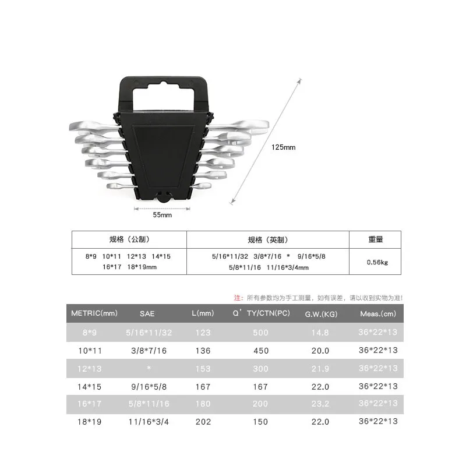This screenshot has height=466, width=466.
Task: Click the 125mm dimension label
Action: (x=283, y=147)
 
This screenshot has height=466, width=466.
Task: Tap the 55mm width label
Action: (x=163, y=215)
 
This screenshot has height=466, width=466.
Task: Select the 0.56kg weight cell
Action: (x=377, y=262)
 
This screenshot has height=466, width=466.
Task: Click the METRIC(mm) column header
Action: (x=94, y=313)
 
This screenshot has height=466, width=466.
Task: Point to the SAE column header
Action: (x=147, y=314)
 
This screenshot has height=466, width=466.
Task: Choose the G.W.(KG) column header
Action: (x=322, y=314)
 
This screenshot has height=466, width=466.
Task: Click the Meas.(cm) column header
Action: (x=378, y=314)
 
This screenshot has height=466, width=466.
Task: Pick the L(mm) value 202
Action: (x=203, y=422)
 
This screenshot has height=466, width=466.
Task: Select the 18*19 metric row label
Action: (x=90, y=422)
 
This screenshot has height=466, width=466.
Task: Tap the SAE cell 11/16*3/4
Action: (x=149, y=422)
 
